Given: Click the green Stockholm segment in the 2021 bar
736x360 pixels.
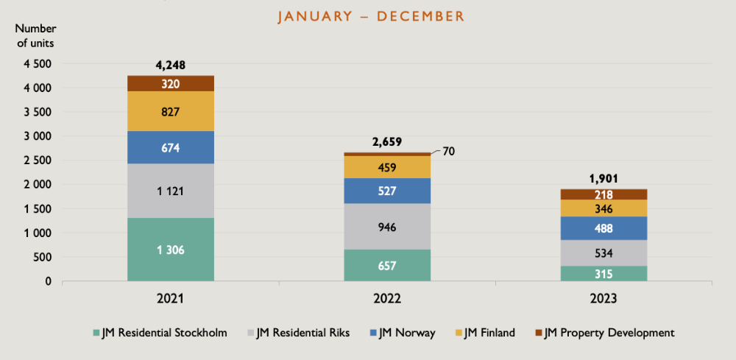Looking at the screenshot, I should coord(171,250).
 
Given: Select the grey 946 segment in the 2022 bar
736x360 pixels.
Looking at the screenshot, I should coord(387,227).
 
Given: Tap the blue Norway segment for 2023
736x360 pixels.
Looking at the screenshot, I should coord(604,228).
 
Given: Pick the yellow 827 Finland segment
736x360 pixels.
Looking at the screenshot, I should coord(171,112).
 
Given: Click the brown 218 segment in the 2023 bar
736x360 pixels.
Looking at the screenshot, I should coord(604,194).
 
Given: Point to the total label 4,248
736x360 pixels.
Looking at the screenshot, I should coord(171,65).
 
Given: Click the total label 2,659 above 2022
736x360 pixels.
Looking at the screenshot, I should coord(387,142).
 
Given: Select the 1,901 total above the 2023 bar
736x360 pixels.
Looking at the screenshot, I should coord(604,178).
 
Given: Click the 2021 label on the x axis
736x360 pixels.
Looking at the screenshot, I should coord(171,300).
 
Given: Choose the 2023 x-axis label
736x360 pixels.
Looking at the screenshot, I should coord(604,300).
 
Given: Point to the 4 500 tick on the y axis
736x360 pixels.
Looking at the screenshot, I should coord(38,64).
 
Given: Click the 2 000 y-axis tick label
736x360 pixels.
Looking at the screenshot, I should coord(38,185).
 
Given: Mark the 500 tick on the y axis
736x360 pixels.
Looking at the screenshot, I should coord(43,257).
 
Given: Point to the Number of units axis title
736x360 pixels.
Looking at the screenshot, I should coord(35,35).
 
